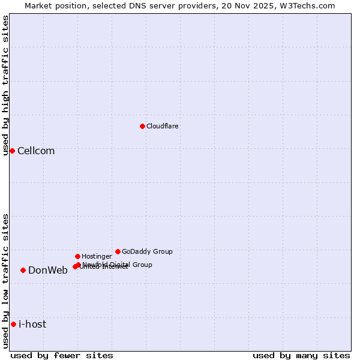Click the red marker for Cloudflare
(x=142, y=126)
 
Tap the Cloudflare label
(x=162, y=127)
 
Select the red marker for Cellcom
(x=12, y=151)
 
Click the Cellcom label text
(x=36, y=151)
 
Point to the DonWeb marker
(x=23, y=270)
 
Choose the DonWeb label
(x=48, y=271)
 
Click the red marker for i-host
(x=13, y=324)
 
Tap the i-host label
(x=32, y=325)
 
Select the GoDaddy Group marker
(x=118, y=251)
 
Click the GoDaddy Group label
(x=147, y=252)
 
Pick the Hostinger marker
(x=77, y=256)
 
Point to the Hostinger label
(x=97, y=257)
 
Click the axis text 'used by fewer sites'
(x=62, y=355)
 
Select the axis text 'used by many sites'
(x=301, y=355)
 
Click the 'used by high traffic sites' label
(x=5, y=86)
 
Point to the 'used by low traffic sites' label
(x=5, y=281)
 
